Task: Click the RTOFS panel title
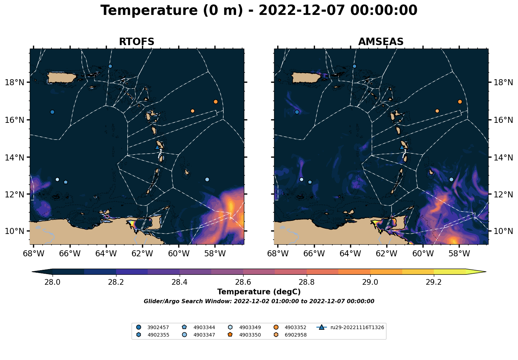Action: pos(136,42)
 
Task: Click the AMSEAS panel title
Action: pos(381,42)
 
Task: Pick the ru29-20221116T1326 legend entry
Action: pos(350,327)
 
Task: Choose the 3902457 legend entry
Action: pos(153,327)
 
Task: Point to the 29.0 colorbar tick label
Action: pos(370,282)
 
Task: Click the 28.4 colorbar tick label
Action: pos(179,282)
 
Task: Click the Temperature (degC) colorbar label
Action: pos(259,292)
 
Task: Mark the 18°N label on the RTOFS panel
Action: pos(15,82)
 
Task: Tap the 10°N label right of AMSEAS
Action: pos(503,231)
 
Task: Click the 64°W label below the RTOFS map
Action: pos(106,253)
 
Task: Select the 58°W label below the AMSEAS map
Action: pos(459,253)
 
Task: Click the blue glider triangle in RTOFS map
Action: pos(157,147)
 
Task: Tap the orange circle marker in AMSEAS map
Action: pos(460,102)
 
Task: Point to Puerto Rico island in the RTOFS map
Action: pos(61,77)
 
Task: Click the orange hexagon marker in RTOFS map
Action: pos(193,111)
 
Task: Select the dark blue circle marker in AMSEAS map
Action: pos(297,112)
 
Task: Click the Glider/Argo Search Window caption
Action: pos(259,301)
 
